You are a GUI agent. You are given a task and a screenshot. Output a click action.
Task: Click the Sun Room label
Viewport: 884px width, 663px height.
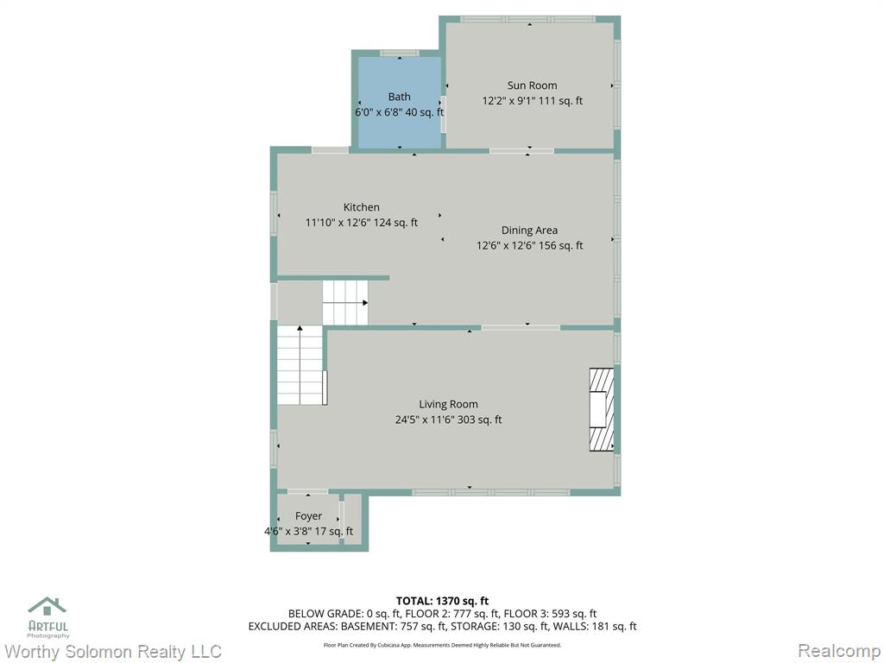point(532,85)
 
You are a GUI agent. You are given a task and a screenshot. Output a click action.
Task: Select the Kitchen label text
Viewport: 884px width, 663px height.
point(362,207)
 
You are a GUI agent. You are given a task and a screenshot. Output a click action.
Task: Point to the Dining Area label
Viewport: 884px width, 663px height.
point(529,230)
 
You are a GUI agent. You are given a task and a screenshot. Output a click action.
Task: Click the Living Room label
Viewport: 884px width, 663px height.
point(448,404)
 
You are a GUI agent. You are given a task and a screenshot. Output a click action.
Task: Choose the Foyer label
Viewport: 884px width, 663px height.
point(308,516)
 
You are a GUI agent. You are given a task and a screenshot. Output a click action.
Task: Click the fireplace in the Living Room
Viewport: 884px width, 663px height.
point(602,410)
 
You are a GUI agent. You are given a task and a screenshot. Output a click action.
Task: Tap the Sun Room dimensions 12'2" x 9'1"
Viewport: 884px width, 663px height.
point(511,101)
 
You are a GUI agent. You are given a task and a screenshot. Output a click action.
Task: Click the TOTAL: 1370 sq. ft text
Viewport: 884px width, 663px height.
point(442,601)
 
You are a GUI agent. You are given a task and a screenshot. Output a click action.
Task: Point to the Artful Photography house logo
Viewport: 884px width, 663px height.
point(47,607)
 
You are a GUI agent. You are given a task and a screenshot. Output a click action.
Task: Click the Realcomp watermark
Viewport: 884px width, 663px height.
point(839,651)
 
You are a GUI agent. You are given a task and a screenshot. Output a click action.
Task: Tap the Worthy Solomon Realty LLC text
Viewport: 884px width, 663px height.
point(113,652)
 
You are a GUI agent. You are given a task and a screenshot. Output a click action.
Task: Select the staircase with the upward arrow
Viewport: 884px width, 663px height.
point(300,365)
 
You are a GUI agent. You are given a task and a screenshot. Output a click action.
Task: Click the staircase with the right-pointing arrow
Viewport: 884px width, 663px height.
point(345,303)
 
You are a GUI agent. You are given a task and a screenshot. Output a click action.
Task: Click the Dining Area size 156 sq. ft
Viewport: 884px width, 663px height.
point(561,246)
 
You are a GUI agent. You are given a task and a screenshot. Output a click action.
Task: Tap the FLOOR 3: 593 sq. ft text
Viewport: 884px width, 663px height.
point(550,614)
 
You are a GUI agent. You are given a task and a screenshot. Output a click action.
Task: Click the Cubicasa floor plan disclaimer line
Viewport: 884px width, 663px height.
point(442,645)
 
